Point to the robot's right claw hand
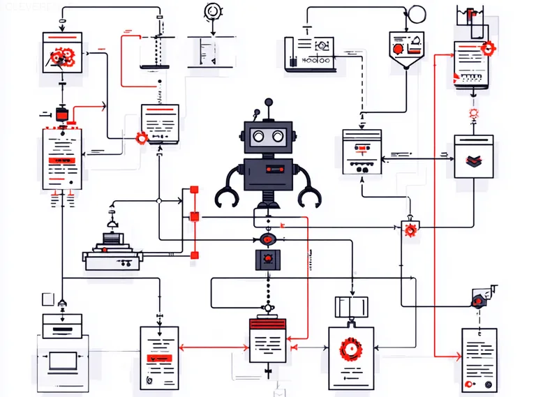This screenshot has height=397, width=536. coord(308,197)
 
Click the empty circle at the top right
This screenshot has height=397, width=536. coord(417,13)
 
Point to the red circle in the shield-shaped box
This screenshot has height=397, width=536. coord(399,50)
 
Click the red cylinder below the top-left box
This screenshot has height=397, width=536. coord(61,112)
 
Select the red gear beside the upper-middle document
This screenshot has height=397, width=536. coord(142,137)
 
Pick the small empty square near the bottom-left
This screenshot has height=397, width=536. coord(47,299)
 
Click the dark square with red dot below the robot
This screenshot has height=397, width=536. coord(267,260)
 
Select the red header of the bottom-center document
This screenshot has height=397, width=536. coord(268,324)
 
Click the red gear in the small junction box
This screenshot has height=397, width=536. coord(410,230)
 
